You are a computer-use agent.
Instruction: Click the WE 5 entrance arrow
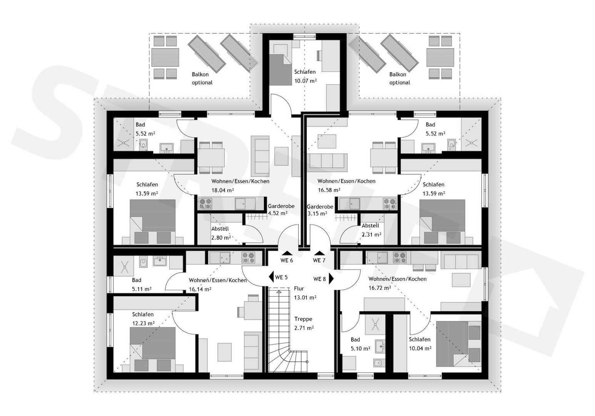(271, 277)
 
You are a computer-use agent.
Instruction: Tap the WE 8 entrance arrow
(331, 279)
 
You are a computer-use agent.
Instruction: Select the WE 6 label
(287, 260)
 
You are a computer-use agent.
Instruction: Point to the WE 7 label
(319, 260)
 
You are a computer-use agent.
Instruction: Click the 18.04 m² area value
(222, 190)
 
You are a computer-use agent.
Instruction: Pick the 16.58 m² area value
(329, 190)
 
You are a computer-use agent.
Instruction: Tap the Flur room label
(299, 289)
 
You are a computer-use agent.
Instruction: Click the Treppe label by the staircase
(303, 319)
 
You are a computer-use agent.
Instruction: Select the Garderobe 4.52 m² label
(281, 210)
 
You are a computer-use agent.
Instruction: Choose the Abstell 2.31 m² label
(371, 230)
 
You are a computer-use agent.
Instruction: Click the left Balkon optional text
(202, 79)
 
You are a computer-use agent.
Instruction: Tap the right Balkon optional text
(399, 79)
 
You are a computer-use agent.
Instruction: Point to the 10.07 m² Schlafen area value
(306, 81)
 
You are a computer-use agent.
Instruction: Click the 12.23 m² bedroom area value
(144, 324)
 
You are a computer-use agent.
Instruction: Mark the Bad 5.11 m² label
(142, 284)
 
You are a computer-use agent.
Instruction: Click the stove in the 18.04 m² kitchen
(206, 204)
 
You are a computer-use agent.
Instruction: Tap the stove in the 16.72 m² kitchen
(399, 258)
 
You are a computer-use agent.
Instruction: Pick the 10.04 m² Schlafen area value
(420, 348)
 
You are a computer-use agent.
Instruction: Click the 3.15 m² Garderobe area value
(317, 213)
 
